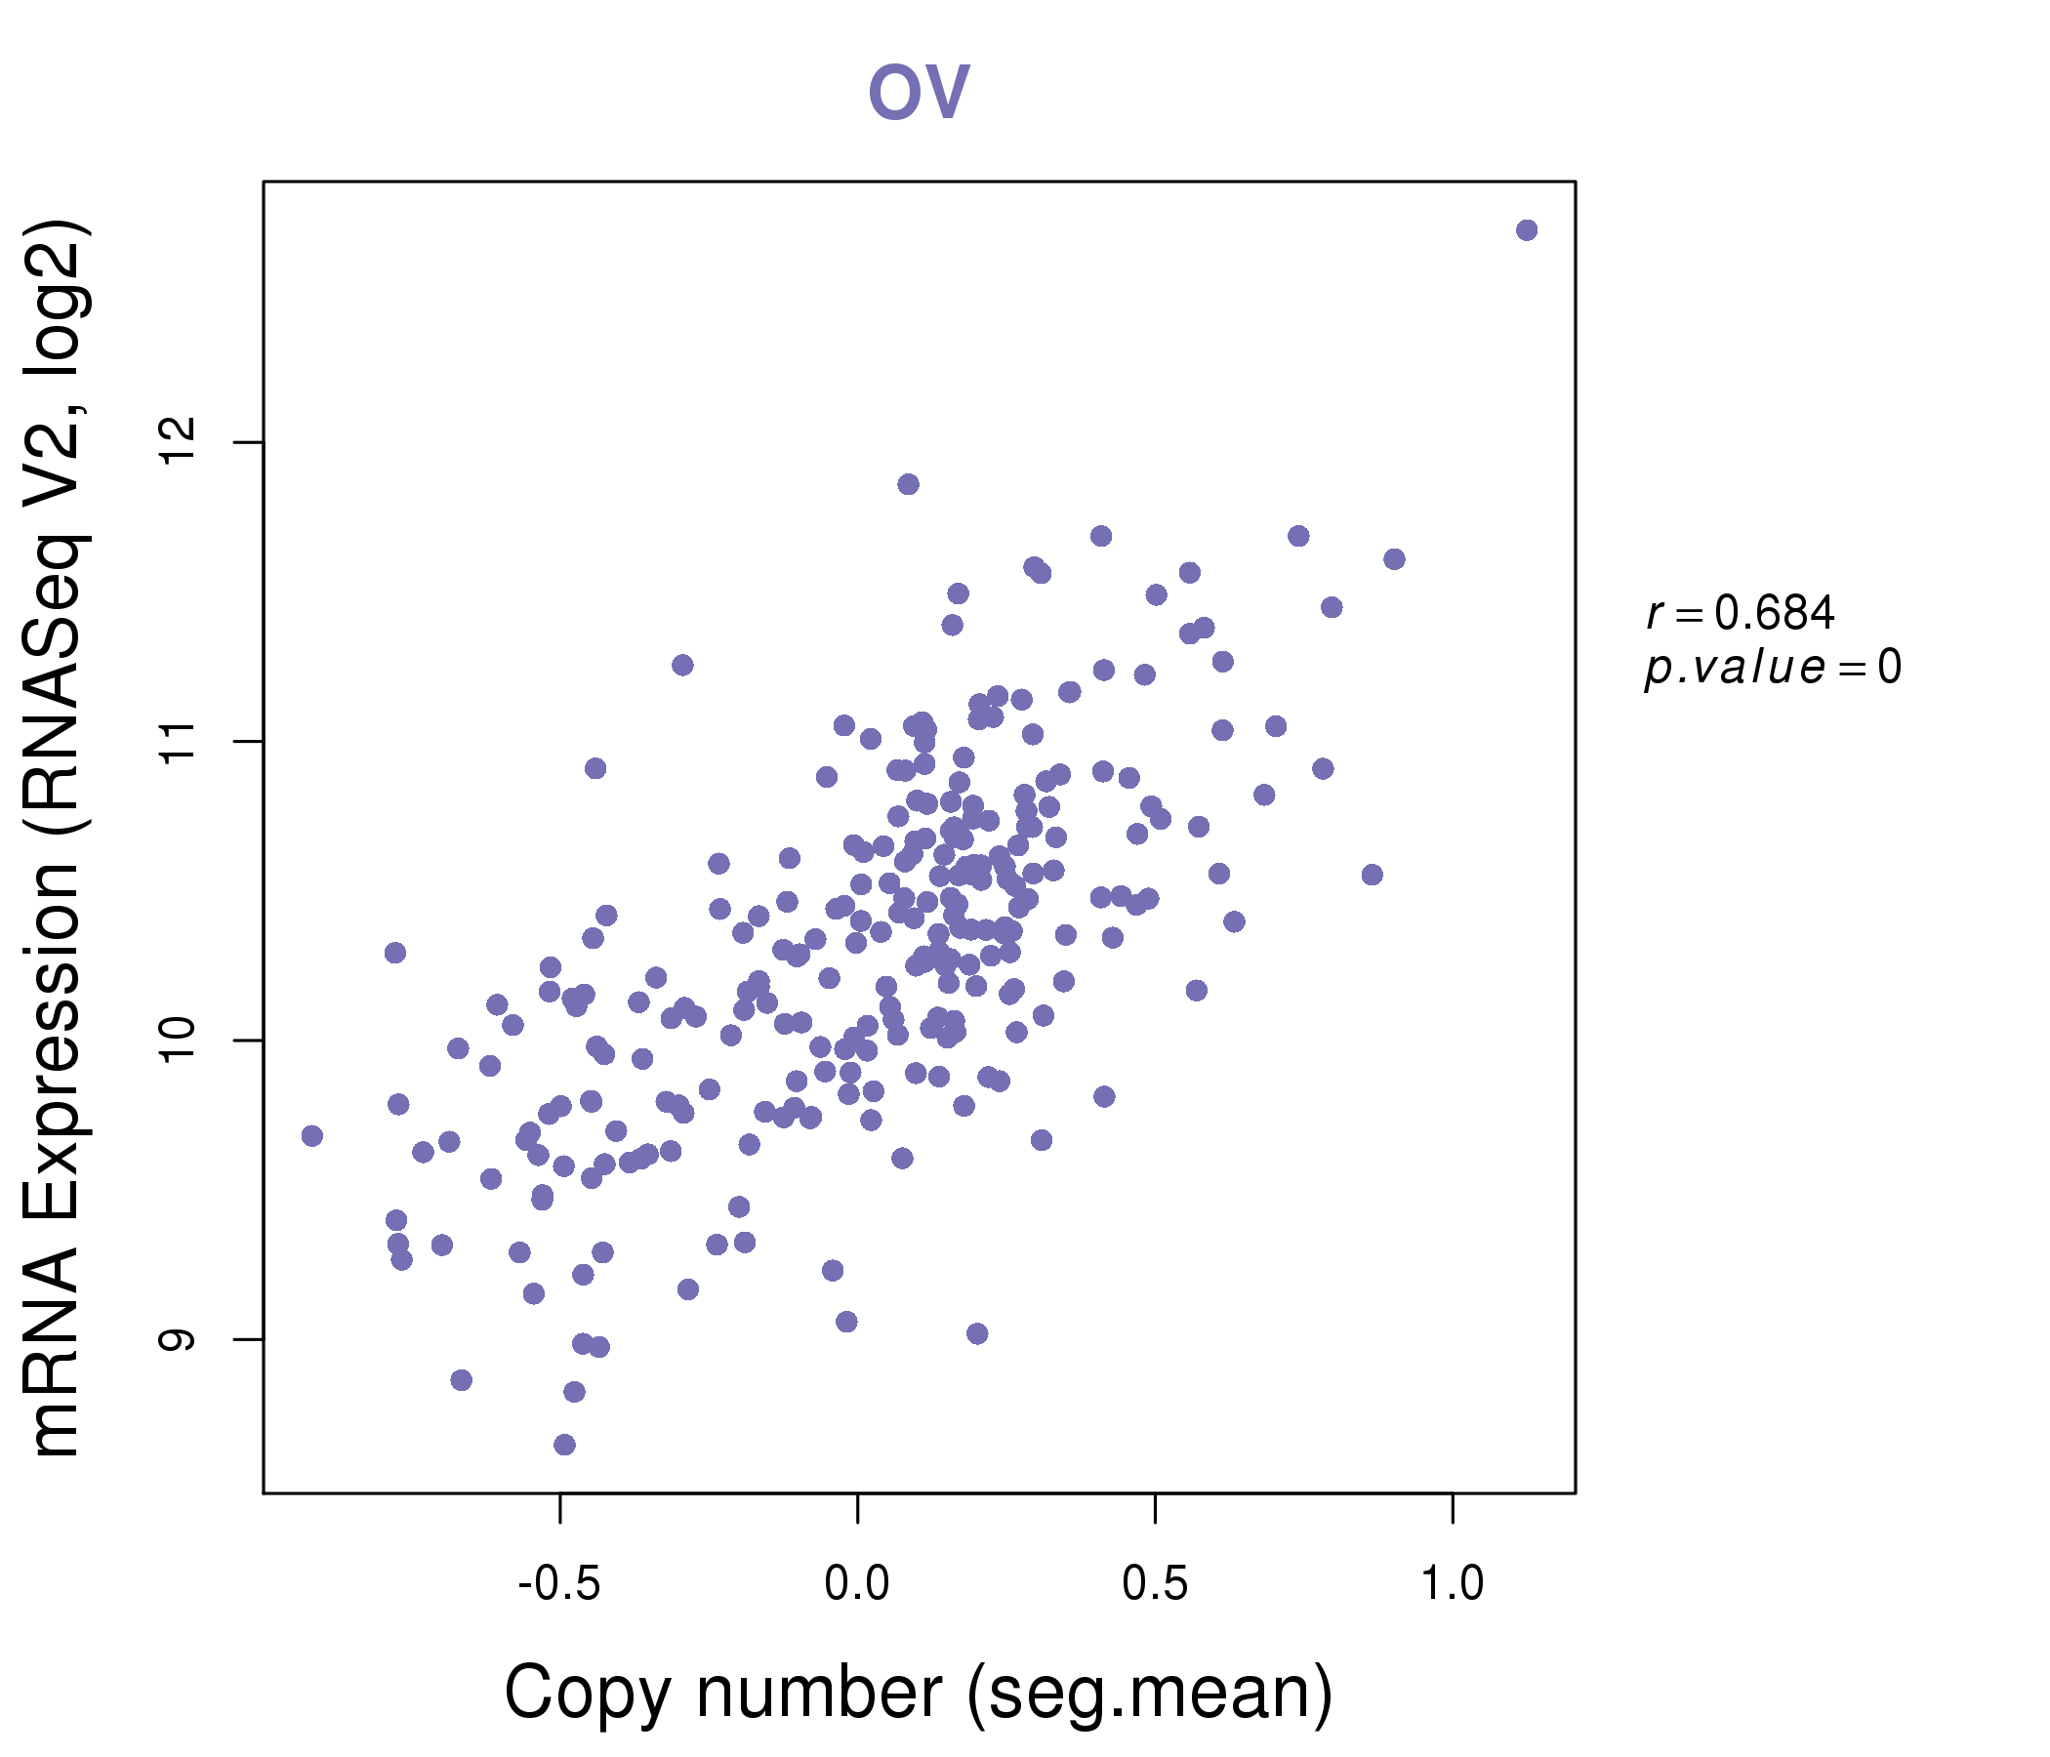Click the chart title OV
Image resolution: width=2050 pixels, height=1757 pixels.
[919, 91]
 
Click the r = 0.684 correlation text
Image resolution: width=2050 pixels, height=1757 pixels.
[1741, 612]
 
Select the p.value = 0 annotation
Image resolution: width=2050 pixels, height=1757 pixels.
[1772, 667]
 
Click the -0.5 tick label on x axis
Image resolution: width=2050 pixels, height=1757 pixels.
[559, 1584]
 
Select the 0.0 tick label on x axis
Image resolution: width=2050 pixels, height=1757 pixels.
[857, 1584]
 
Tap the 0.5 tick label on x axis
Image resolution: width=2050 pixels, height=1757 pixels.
[1155, 1584]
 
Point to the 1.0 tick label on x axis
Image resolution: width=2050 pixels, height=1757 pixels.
[1452, 1584]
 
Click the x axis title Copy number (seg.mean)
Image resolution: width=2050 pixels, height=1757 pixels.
[919, 1693]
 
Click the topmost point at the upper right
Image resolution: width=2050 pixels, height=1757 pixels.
[1527, 230]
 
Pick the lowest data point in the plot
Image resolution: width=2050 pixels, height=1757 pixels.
[564, 1445]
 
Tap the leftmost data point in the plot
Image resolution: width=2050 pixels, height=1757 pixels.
[311, 1136]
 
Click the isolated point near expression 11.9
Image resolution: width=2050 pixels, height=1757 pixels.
[908, 484]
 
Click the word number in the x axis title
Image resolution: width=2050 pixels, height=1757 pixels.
[819, 1693]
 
